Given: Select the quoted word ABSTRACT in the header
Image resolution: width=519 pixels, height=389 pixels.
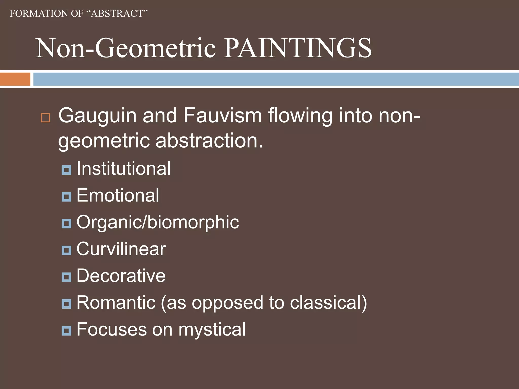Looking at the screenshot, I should pyautogui.click(x=117, y=13).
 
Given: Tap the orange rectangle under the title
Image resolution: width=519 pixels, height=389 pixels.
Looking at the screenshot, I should pyautogui.click(x=15, y=79).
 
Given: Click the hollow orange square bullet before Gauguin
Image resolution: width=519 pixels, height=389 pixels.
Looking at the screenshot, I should pyautogui.click(x=45, y=118).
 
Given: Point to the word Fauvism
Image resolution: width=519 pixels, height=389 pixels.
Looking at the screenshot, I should pyautogui.click(x=223, y=116).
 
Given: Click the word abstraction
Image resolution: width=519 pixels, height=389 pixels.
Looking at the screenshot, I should pyautogui.click(x=209, y=141).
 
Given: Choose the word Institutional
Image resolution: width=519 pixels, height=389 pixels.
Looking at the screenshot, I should pyautogui.click(x=123, y=169).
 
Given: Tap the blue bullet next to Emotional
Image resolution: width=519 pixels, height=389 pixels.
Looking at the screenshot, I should pyautogui.click(x=66, y=197).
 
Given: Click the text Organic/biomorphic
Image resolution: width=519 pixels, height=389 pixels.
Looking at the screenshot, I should pyautogui.click(x=158, y=222).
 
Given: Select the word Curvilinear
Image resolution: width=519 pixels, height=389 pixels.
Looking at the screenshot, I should pyautogui.click(x=121, y=249).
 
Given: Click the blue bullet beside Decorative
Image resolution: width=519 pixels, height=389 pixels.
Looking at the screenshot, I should pyautogui.click(x=66, y=277).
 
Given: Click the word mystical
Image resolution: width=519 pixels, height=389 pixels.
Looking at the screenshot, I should pyautogui.click(x=212, y=330).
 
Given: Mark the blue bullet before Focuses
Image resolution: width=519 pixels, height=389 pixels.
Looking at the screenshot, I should pyautogui.click(x=66, y=330).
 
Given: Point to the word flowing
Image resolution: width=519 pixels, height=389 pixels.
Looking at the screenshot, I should pyautogui.click(x=300, y=116).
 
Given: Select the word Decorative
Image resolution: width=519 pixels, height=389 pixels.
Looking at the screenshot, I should pyautogui.click(x=121, y=276).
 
